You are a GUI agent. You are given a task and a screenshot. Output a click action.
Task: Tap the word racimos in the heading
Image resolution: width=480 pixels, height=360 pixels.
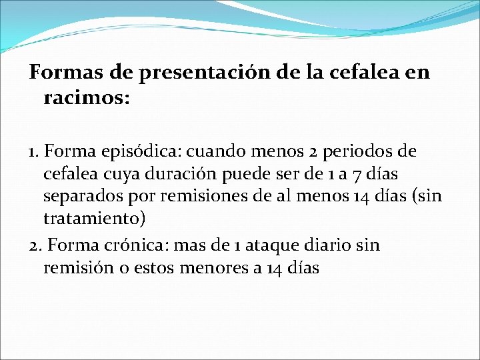point(86,99)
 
